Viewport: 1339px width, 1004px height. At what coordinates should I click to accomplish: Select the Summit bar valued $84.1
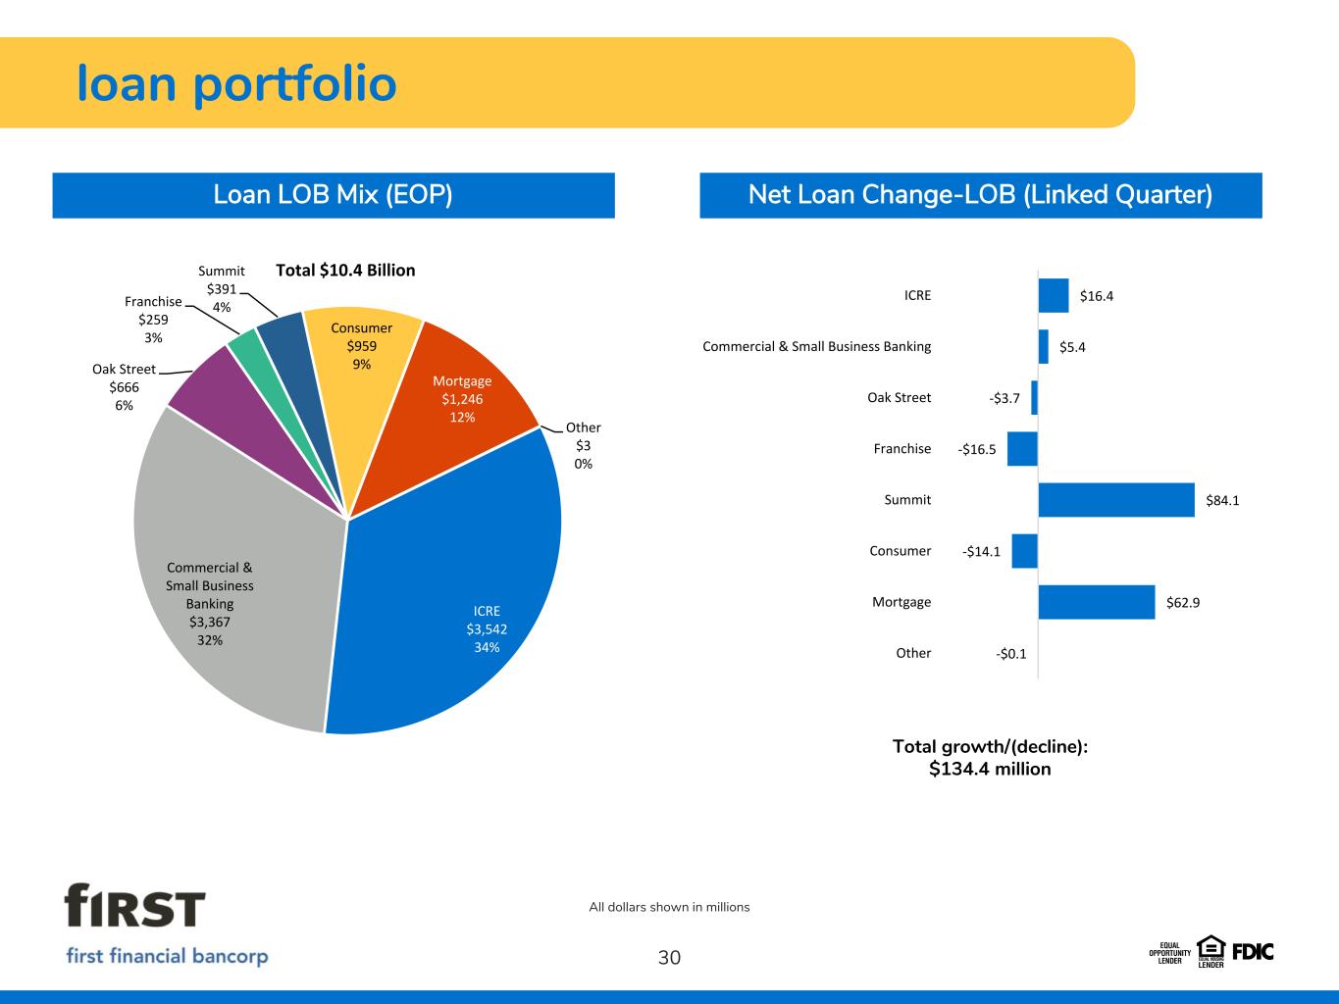[x=1116, y=500]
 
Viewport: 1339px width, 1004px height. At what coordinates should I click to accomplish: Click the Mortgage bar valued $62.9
[x=1097, y=602]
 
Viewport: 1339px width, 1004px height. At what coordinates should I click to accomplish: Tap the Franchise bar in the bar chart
[x=1022, y=449]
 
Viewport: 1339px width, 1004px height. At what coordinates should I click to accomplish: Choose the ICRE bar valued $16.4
[x=1054, y=295]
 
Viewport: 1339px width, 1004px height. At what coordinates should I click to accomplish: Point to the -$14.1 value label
[x=981, y=551]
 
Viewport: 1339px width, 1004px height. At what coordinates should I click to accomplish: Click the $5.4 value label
[x=1072, y=347]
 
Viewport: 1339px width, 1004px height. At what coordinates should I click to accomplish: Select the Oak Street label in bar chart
[x=899, y=397]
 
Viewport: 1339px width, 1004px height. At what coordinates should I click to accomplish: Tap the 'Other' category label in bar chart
[x=913, y=653]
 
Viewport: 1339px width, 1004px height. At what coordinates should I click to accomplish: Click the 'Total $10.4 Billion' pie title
[x=345, y=270]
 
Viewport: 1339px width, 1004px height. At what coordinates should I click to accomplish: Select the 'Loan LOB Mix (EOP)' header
[x=334, y=195]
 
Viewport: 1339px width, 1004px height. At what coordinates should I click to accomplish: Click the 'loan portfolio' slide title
[x=237, y=84]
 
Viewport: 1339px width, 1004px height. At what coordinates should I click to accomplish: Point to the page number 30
[x=669, y=958]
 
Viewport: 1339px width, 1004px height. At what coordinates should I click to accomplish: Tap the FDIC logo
[x=1252, y=951]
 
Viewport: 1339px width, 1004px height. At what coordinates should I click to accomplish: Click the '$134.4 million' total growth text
[x=990, y=770]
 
